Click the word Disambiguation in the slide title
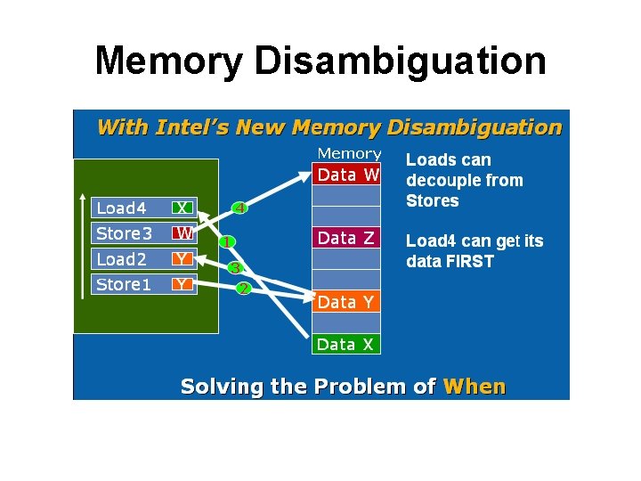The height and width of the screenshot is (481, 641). (x=400, y=61)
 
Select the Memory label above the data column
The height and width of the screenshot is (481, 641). (x=349, y=154)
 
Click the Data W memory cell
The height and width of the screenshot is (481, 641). (x=347, y=175)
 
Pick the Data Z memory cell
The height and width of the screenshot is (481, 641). (x=346, y=238)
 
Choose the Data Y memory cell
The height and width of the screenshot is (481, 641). (x=345, y=302)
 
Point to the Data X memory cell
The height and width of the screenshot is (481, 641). (x=345, y=344)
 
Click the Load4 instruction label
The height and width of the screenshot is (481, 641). (x=121, y=208)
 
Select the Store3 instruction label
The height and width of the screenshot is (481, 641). (x=124, y=233)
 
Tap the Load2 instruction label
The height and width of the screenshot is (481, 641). (x=121, y=259)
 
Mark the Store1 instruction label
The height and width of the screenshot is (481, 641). (x=124, y=285)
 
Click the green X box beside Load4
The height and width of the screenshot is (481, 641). (x=183, y=208)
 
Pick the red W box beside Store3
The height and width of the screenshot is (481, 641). (x=183, y=233)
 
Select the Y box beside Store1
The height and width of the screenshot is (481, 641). (x=183, y=285)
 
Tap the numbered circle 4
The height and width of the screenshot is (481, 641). (x=239, y=208)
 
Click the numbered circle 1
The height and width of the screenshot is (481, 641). (x=227, y=241)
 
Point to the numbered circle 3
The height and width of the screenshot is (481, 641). (x=235, y=267)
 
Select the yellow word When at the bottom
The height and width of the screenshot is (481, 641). (x=475, y=387)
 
